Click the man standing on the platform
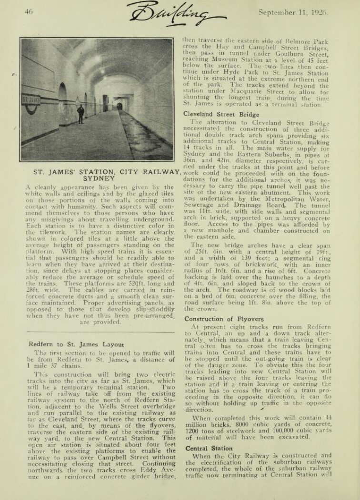point(81,114)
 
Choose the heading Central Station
point(209,448)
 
